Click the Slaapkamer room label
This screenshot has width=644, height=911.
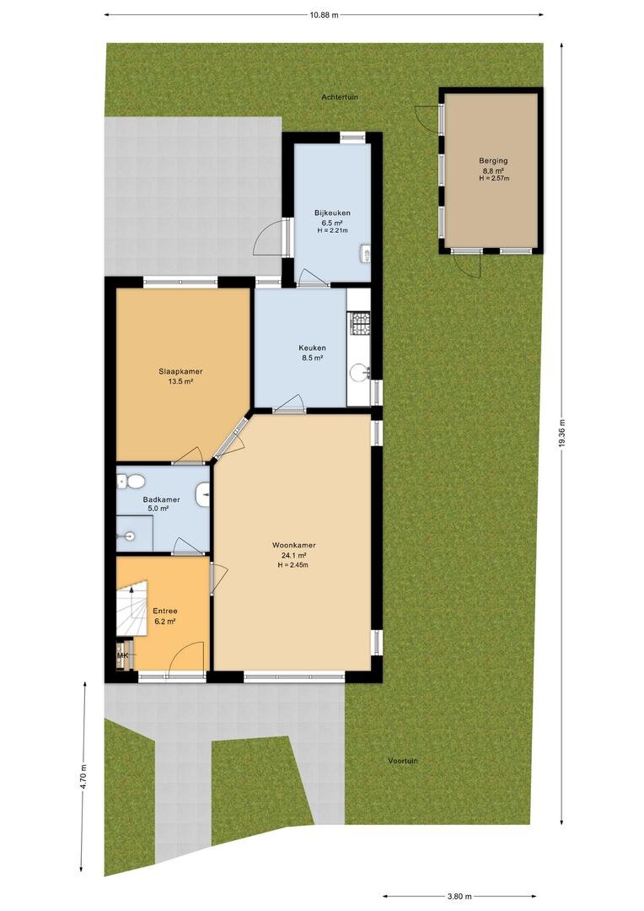pyautogui.click(x=180, y=371)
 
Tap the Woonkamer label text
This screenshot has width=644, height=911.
pyautogui.click(x=294, y=545)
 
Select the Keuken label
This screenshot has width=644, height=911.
pyautogui.click(x=313, y=348)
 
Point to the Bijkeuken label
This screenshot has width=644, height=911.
pyautogui.click(x=332, y=213)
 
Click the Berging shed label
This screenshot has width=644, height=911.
pyautogui.click(x=493, y=161)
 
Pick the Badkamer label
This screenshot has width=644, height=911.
pyautogui.click(x=162, y=499)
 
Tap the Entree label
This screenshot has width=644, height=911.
pyautogui.click(x=165, y=611)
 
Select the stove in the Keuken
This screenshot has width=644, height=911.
pyautogui.click(x=358, y=324)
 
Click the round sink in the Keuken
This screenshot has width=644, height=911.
pyautogui.click(x=360, y=373)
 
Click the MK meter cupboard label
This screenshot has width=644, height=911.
pyautogui.click(x=122, y=656)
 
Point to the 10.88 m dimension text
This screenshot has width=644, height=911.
pyautogui.click(x=324, y=15)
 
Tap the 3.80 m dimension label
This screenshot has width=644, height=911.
pyautogui.click(x=460, y=896)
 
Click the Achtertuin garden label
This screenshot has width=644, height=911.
pyautogui.click(x=341, y=97)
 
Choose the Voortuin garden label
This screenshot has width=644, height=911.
pyautogui.click(x=403, y=761)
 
